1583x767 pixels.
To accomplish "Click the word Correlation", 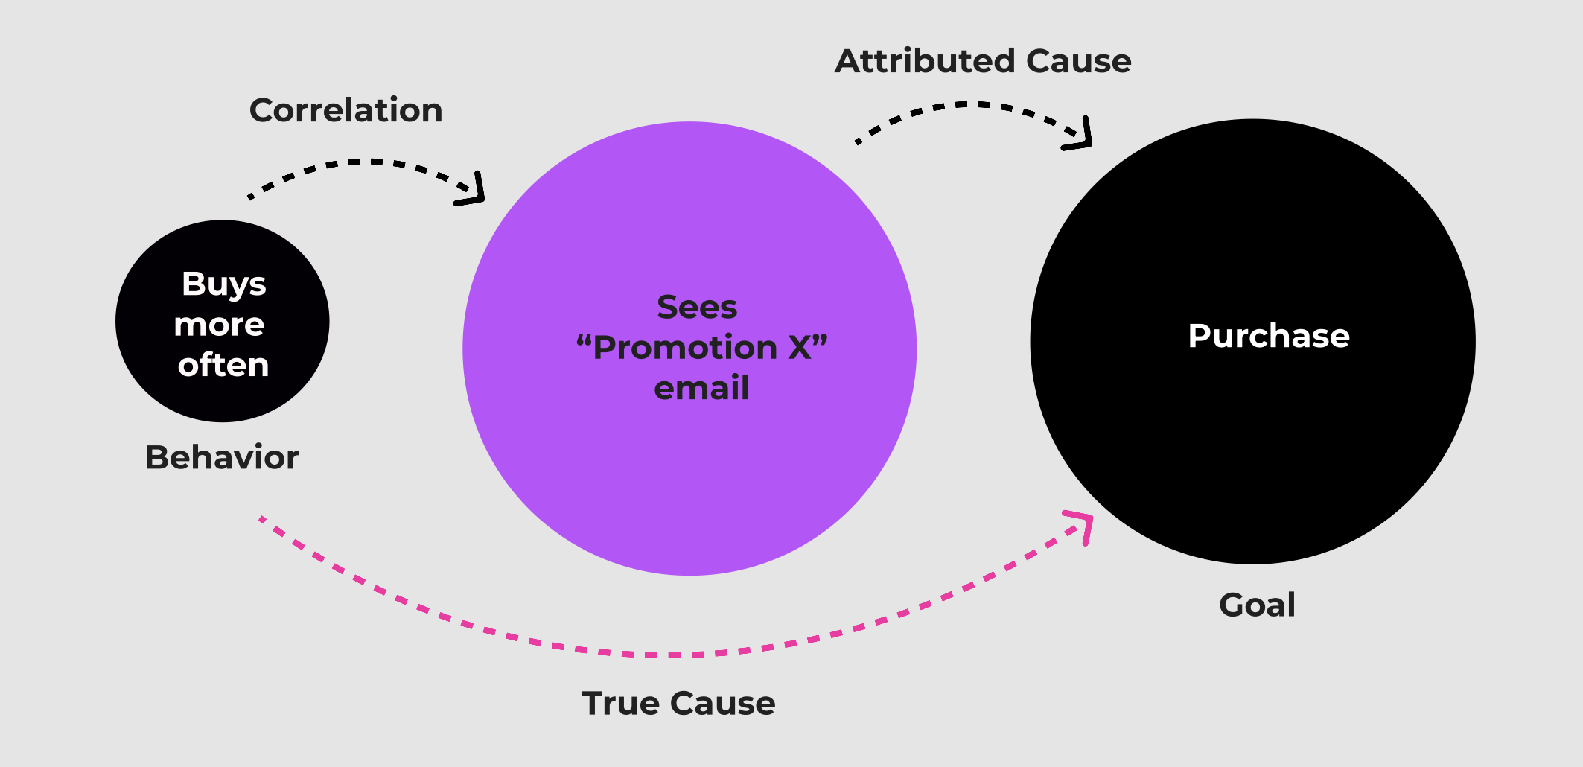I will point(345,110).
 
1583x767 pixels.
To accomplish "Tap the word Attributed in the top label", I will point(924,61).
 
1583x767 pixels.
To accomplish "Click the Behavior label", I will point(222,457).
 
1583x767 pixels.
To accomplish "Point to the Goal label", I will point(1257,605).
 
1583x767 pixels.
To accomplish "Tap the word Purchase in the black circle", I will point(1268,336).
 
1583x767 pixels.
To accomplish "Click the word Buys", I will point(223,284).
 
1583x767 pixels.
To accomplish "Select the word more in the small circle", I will point(219,325).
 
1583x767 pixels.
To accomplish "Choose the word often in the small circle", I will point(223,365).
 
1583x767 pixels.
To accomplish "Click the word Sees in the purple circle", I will point(697,307).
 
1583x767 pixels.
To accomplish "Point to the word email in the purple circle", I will point(701,388).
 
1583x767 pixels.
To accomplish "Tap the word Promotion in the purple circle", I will point(685,348).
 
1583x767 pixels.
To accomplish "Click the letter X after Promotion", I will point(800,348).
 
